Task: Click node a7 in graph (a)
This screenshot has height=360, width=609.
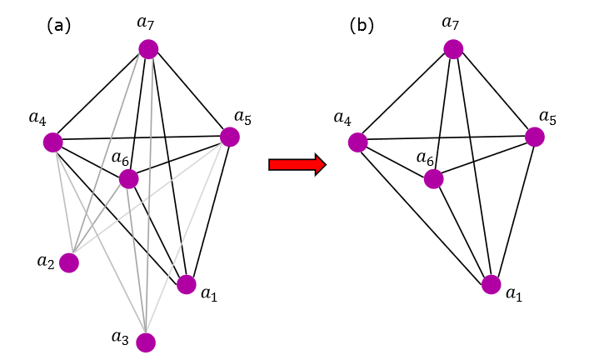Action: (x=148, y=50)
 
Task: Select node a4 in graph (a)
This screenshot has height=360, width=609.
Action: (x=53, y=142)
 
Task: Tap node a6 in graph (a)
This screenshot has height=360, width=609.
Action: (x=128, y=178)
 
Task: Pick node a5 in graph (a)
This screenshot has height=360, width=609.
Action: (x=230, y=136)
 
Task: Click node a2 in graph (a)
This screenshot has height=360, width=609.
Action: (x=69, y=263)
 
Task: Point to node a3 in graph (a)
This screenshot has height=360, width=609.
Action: (x=146, y=342)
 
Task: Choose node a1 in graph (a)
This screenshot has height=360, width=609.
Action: (x=187, y=285)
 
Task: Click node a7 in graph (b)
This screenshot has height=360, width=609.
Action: (x=453, y=50)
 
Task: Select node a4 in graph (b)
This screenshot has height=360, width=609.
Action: (x=358, y=142)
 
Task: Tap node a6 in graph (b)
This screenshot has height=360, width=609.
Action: (x=433, y=178)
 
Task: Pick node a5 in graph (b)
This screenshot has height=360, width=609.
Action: (x=535, y=136)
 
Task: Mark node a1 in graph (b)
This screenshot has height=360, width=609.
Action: (x=492, y=285)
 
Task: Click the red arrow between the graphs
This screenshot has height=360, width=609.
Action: (x=296, y=164)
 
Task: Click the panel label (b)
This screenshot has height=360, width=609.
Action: (x=362, y=25)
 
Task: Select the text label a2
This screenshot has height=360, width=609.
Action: (x=46, y=262)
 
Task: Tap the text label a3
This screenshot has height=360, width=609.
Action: (x=121, y=337)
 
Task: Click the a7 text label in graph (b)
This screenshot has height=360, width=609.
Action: (x=451, y=22)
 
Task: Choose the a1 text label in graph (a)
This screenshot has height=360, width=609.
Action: (x=210, y=292)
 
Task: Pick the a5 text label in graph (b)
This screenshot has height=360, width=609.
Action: (x=547, y=116)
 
